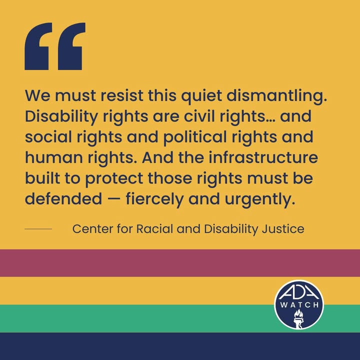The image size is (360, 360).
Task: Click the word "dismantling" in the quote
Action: click(x=277, y=95)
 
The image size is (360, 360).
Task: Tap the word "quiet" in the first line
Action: click(x=201, y=96)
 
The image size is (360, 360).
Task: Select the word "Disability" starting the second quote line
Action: click(x=61, y=117)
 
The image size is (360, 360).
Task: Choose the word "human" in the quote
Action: click(x=54, y=158)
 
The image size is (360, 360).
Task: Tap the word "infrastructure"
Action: click(x=263, y=157)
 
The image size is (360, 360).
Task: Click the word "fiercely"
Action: click(x=154, y=199)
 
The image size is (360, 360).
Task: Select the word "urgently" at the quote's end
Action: click(x=259, y=199)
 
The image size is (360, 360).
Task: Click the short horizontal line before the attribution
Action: click(x=38, y=229)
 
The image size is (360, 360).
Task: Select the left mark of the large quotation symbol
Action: click(x=38, y=46)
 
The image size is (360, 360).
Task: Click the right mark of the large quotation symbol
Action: click(x=71, y=46)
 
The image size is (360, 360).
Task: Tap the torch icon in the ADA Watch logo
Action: click(x=298, y=318)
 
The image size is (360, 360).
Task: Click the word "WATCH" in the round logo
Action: click(x=299, y=305)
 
